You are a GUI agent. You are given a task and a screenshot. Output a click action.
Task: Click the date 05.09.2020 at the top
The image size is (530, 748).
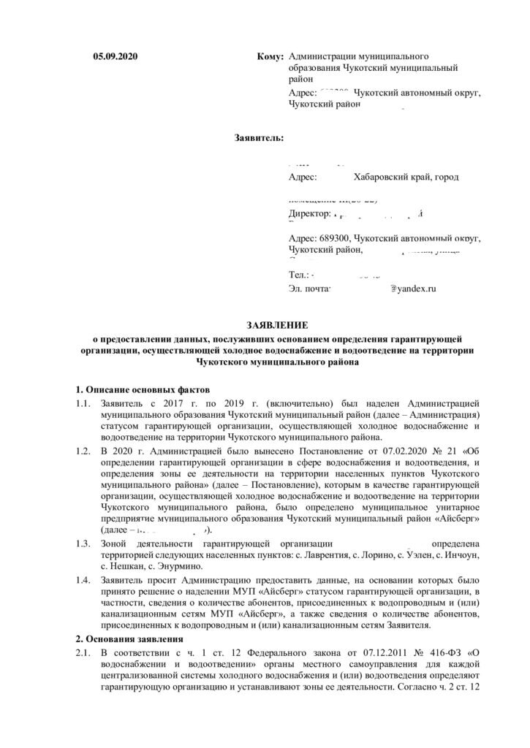[115, 56]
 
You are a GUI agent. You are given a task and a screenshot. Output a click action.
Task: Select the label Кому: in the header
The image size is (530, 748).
[271, 56]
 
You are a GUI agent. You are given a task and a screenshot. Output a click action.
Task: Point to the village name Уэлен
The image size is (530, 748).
[424, 555]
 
